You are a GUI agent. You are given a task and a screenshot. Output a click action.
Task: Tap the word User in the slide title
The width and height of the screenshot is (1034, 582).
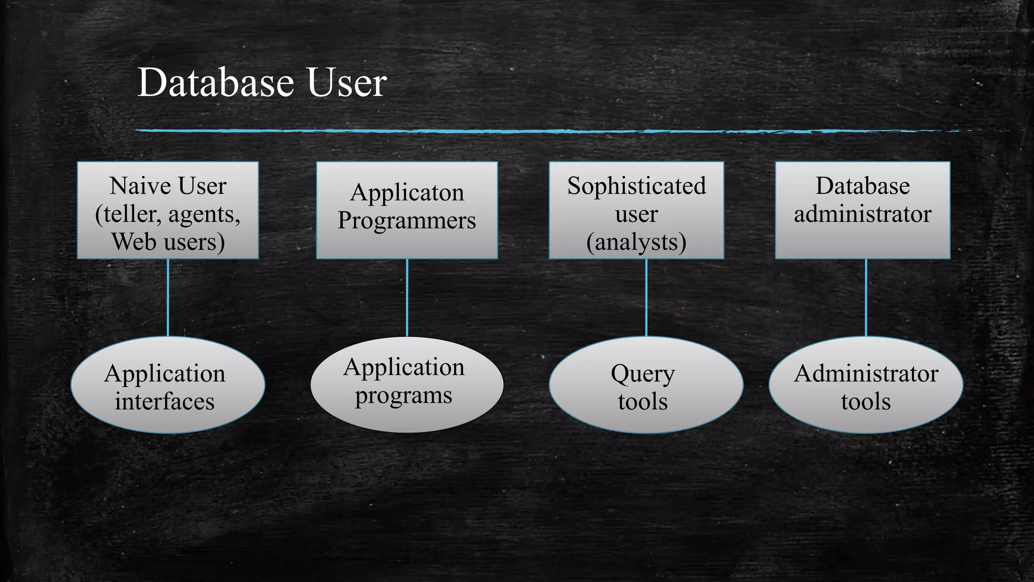tap(346, 82)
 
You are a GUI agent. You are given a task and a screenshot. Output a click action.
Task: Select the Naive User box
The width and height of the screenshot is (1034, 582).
tap(168, 210)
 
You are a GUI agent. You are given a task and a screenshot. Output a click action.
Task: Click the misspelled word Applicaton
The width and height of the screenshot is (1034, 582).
tap(407, 192)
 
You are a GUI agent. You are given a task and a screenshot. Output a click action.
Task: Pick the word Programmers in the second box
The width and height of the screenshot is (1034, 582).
tap(407, 221)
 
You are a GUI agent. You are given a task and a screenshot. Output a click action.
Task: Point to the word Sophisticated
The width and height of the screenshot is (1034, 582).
tap(636, 186)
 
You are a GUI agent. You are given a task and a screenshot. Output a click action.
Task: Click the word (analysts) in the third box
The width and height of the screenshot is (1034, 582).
tap(636, 242)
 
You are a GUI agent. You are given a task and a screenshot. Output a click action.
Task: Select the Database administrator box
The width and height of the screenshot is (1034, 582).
tap(862, 210)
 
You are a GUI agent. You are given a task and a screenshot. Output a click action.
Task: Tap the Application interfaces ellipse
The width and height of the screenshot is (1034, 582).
tap(168, 385)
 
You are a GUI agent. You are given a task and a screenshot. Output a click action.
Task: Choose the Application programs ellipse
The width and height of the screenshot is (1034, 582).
tap(407, 385)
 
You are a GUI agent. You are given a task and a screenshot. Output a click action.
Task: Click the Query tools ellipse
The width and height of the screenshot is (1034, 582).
tap(646, 385)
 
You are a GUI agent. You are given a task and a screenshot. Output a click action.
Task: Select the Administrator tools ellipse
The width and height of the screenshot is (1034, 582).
tap(865, 385)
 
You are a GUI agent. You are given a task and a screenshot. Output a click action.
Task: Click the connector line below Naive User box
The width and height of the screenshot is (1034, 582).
tap(168, 298)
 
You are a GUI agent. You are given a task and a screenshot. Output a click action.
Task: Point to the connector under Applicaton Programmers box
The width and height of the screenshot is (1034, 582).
tap(407, 298)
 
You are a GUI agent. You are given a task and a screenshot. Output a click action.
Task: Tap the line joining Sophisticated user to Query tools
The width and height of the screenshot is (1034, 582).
tap(646, 298)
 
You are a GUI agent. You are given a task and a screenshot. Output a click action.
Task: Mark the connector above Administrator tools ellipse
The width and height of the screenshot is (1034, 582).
tap(866, 298)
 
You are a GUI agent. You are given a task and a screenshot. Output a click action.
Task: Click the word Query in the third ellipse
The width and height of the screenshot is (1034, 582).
tap(642, 374)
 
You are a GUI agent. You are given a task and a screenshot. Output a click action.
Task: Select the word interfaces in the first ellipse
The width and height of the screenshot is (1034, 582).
tap(165, 402)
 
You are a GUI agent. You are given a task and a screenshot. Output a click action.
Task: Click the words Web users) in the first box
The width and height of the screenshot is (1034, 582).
tap(168, 242)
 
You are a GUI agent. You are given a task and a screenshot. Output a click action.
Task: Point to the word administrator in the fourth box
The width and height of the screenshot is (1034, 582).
tap(862, 214)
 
